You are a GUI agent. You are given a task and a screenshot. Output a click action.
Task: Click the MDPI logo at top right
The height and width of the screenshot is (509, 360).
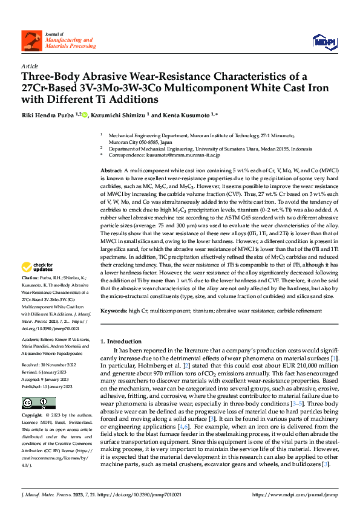(x=321, y=41)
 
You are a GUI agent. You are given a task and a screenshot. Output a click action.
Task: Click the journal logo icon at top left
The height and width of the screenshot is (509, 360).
(x=29, y=41)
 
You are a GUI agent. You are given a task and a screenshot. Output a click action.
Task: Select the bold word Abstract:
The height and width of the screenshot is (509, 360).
(x=111, y=172)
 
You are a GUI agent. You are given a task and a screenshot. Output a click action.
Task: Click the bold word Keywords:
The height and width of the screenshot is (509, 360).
(x=114, y=311)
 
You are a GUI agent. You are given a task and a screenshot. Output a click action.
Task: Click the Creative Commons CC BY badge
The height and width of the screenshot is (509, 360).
(x=38, y=403)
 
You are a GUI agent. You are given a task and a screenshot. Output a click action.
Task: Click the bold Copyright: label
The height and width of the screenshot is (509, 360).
(x=32, y=416)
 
